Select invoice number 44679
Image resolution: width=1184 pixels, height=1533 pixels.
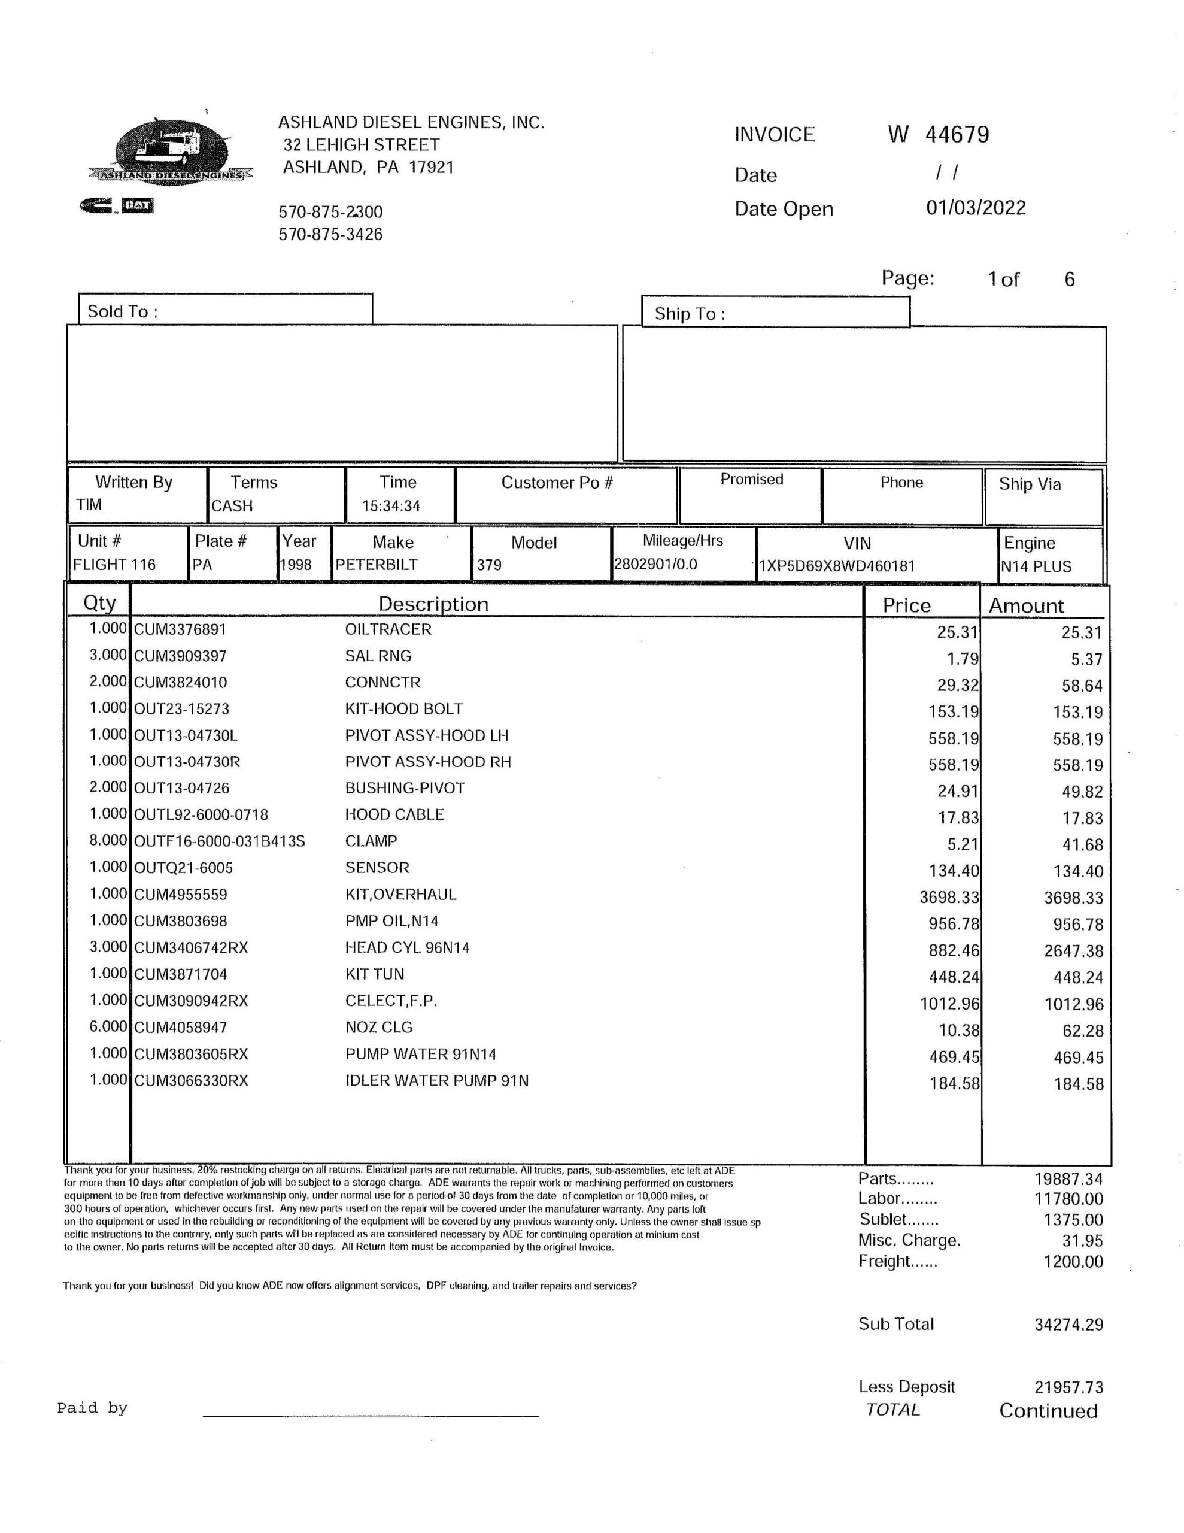pos(957,134)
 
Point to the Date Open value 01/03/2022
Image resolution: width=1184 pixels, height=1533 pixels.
pos(976,208)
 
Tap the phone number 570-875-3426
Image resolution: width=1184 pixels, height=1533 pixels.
pos(330,235)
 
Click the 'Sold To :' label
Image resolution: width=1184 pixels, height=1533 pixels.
pos(123,311)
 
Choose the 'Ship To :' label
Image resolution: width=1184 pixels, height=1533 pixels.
pos(689,314)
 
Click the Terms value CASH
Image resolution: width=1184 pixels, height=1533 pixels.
pos(232,506)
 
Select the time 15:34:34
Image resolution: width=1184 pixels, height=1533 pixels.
pos(391,506)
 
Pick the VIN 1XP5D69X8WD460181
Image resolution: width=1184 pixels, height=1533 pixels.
pos(837,566)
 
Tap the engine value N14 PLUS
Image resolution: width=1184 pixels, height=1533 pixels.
pos(1036,566)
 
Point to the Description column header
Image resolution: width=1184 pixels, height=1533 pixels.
pos(433,604)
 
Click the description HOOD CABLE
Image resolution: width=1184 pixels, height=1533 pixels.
pos(394,815)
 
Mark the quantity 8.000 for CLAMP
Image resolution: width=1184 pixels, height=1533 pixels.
pos(108,840)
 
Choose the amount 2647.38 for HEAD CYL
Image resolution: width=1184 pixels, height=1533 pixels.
pos(1073,951)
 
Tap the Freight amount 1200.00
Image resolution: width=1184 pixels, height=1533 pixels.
pos(1073,1261)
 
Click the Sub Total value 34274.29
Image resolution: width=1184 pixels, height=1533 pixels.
pos(1068,1325)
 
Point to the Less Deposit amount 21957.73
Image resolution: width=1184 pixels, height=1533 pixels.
pos(1068,1387)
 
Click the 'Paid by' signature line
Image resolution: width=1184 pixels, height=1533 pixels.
pos(371,1414)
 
